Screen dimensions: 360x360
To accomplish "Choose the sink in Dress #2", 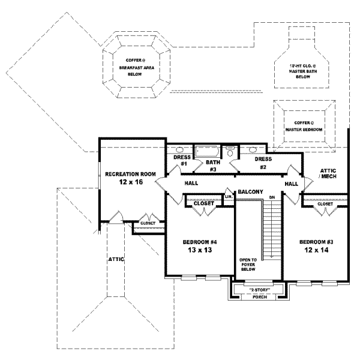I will pyautogui.click(x=253, y=149).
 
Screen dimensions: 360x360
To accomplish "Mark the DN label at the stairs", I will pyautogui.click(x=272, y=197).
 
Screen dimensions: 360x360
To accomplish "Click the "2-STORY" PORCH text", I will pyautogui.click(x=259, y=293).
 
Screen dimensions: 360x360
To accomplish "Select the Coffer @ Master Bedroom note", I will pyautogui.click(x=304, y=125).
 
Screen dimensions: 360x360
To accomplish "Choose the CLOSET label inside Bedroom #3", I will pyautogui.click(x=325, y=205).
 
